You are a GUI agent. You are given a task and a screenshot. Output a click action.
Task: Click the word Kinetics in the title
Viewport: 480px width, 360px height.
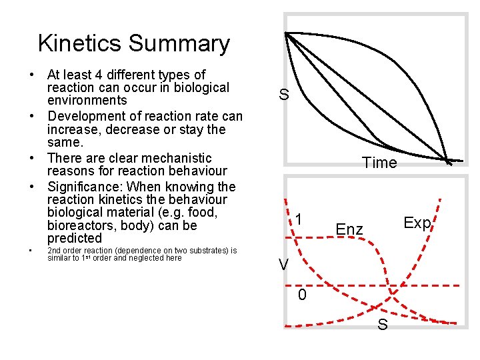79,43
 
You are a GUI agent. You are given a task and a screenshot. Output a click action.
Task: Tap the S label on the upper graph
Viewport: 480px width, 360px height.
284,95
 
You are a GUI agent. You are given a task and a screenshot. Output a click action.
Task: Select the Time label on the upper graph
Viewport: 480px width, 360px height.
379,163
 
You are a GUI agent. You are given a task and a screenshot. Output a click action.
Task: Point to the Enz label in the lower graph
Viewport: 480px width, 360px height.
349,230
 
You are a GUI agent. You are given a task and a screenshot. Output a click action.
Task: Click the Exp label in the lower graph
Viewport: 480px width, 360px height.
417,223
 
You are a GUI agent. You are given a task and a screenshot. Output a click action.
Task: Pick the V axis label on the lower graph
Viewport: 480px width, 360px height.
284,265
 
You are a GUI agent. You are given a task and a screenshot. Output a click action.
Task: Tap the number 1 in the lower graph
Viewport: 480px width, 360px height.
301,220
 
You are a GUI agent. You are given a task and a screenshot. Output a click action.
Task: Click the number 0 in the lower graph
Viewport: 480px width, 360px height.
302,295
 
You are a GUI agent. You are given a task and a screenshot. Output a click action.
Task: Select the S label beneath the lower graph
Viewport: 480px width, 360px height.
383,325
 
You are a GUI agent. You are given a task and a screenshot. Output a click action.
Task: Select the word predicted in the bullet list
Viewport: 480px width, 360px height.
75,238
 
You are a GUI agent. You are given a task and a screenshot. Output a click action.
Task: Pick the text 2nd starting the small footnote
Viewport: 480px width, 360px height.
55,251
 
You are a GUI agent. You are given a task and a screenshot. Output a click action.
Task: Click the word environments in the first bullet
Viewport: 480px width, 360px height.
87,101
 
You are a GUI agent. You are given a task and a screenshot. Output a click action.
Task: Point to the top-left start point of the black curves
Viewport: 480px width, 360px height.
287,33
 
